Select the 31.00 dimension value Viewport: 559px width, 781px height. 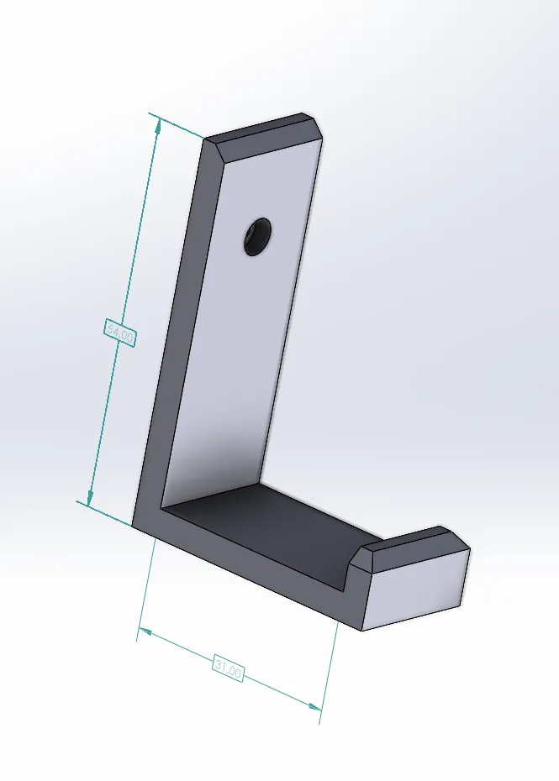click(228, 669)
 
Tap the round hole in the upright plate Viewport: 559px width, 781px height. click(257, 236)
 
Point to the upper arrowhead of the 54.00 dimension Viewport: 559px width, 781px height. click(156, 123)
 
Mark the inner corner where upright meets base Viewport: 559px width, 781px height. click(161, 509)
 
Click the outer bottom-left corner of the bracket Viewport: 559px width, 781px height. click(133, 526)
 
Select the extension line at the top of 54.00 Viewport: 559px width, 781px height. click(177, 125)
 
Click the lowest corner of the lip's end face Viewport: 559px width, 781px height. click(362, 631)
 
